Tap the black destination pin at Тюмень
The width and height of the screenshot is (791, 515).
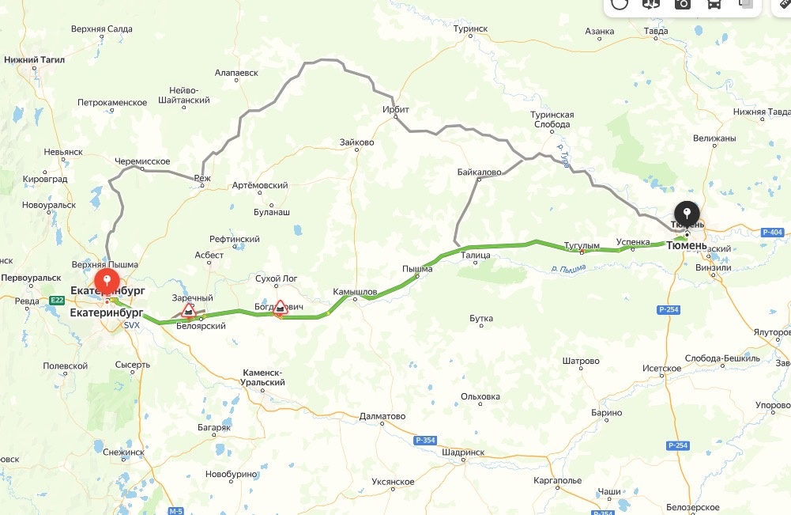[x=686, y=213]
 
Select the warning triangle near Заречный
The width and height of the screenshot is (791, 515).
[x=188, y=309]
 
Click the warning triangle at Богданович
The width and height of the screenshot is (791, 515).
[x=280, y=308]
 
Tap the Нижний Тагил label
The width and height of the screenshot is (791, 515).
[x=34, y=59]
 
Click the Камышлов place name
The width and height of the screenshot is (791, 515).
[x=355, y=290]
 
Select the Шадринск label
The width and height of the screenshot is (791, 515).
[x=463, y=452]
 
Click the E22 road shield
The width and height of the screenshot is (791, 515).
[x=56, y=300]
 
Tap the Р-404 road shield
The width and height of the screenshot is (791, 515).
[x=773, y=232]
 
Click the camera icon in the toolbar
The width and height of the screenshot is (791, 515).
[x=682, y=4]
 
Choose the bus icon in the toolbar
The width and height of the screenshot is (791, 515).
[x=714, y=4]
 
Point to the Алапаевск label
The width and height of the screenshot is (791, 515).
[x=236, y=72]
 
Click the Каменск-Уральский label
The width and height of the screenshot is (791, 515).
[x=264, y=377]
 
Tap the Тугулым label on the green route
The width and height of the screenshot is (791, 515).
[x=582, y=245]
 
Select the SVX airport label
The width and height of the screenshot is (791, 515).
[x=132, y=325]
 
